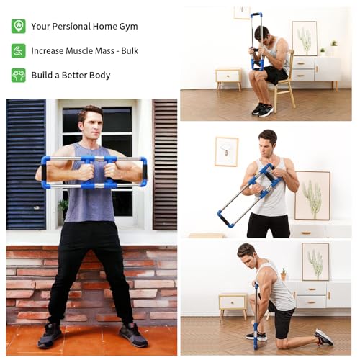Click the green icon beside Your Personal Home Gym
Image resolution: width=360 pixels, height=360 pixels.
tap(18, 26)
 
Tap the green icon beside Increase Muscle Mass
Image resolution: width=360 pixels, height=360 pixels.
tap(18, 50)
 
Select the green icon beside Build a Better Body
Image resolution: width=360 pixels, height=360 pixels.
tap(18, 75)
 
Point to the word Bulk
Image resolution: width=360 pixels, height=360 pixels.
tap(130, 51)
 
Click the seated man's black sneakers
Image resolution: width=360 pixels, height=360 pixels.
tap(262, 109)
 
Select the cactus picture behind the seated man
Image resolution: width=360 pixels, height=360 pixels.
tap(305, 37)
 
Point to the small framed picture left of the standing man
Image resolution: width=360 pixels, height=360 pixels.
tap(226, 151)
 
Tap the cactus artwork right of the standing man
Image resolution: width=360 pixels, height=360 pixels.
tap(312, 195)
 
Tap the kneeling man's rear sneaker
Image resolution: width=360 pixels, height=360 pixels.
tap(323, 337)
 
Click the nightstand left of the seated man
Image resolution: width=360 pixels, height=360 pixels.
tap(228, 77)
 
